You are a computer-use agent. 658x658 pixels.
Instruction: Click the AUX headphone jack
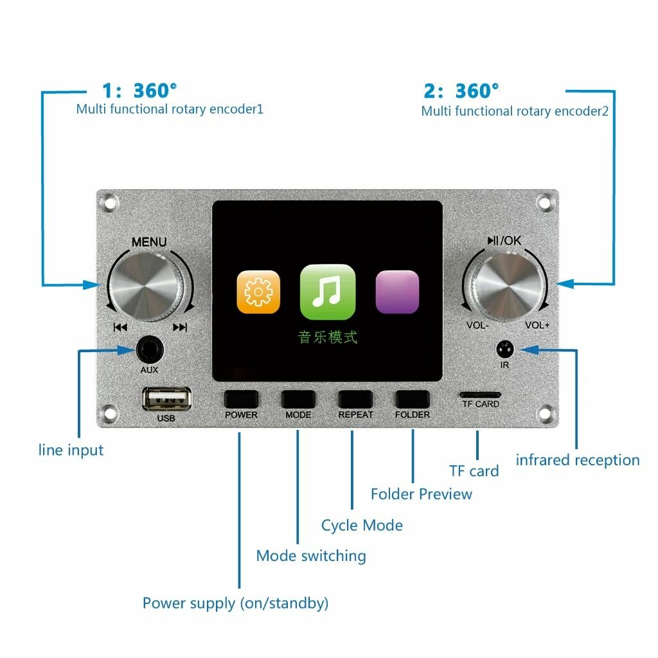coord(150,351)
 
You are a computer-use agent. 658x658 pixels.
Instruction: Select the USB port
coord(166,400)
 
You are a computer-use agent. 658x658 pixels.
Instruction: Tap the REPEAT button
coord(355,399)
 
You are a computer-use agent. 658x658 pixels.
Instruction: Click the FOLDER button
coord(412,399)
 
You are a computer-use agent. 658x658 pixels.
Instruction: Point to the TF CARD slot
coord(480,393)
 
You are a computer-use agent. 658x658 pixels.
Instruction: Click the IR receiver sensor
coord(505,350)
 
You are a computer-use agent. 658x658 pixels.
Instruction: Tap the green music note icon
coord(328,292)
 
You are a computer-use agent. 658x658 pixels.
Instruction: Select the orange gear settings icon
coord(258,292)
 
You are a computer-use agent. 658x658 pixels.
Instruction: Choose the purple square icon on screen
coord(397,292)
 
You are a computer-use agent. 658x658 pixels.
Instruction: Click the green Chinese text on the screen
coord(328,337)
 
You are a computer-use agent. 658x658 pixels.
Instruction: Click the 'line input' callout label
coord(71,450)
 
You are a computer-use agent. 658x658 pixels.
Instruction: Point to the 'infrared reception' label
coord(578,460)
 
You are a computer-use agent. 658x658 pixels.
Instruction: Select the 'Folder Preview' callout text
coord(422,494)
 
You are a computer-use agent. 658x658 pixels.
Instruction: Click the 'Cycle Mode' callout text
coord(362,526)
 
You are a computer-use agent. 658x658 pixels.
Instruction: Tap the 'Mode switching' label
coord(311,556)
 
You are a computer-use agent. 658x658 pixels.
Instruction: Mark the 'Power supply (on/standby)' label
coord(235,603)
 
